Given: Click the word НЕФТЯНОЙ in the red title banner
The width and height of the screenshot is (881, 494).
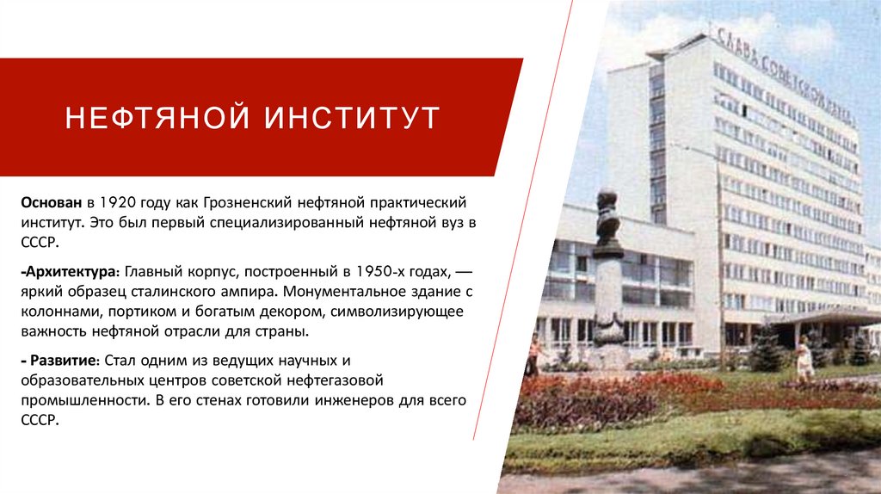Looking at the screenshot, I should pos(157,117).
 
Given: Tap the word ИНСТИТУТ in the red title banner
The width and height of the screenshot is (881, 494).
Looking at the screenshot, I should pos(352,117).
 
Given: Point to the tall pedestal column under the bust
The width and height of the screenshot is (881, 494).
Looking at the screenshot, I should pos(608,297).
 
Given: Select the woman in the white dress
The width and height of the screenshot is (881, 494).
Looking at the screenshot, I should pos(804,357).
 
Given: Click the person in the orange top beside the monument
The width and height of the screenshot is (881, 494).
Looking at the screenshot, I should pos(533,353).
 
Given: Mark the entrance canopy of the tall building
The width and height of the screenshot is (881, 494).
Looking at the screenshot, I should pos(822,318).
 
